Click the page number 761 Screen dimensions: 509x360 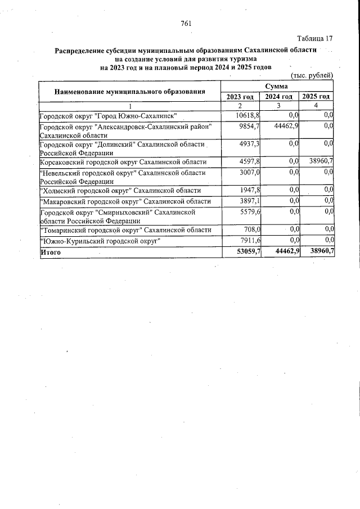187,23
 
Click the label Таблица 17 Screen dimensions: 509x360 315,38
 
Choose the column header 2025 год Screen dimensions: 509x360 316,97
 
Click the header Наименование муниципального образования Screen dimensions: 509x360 129,91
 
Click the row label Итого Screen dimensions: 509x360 50,253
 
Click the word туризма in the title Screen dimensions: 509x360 241,58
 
